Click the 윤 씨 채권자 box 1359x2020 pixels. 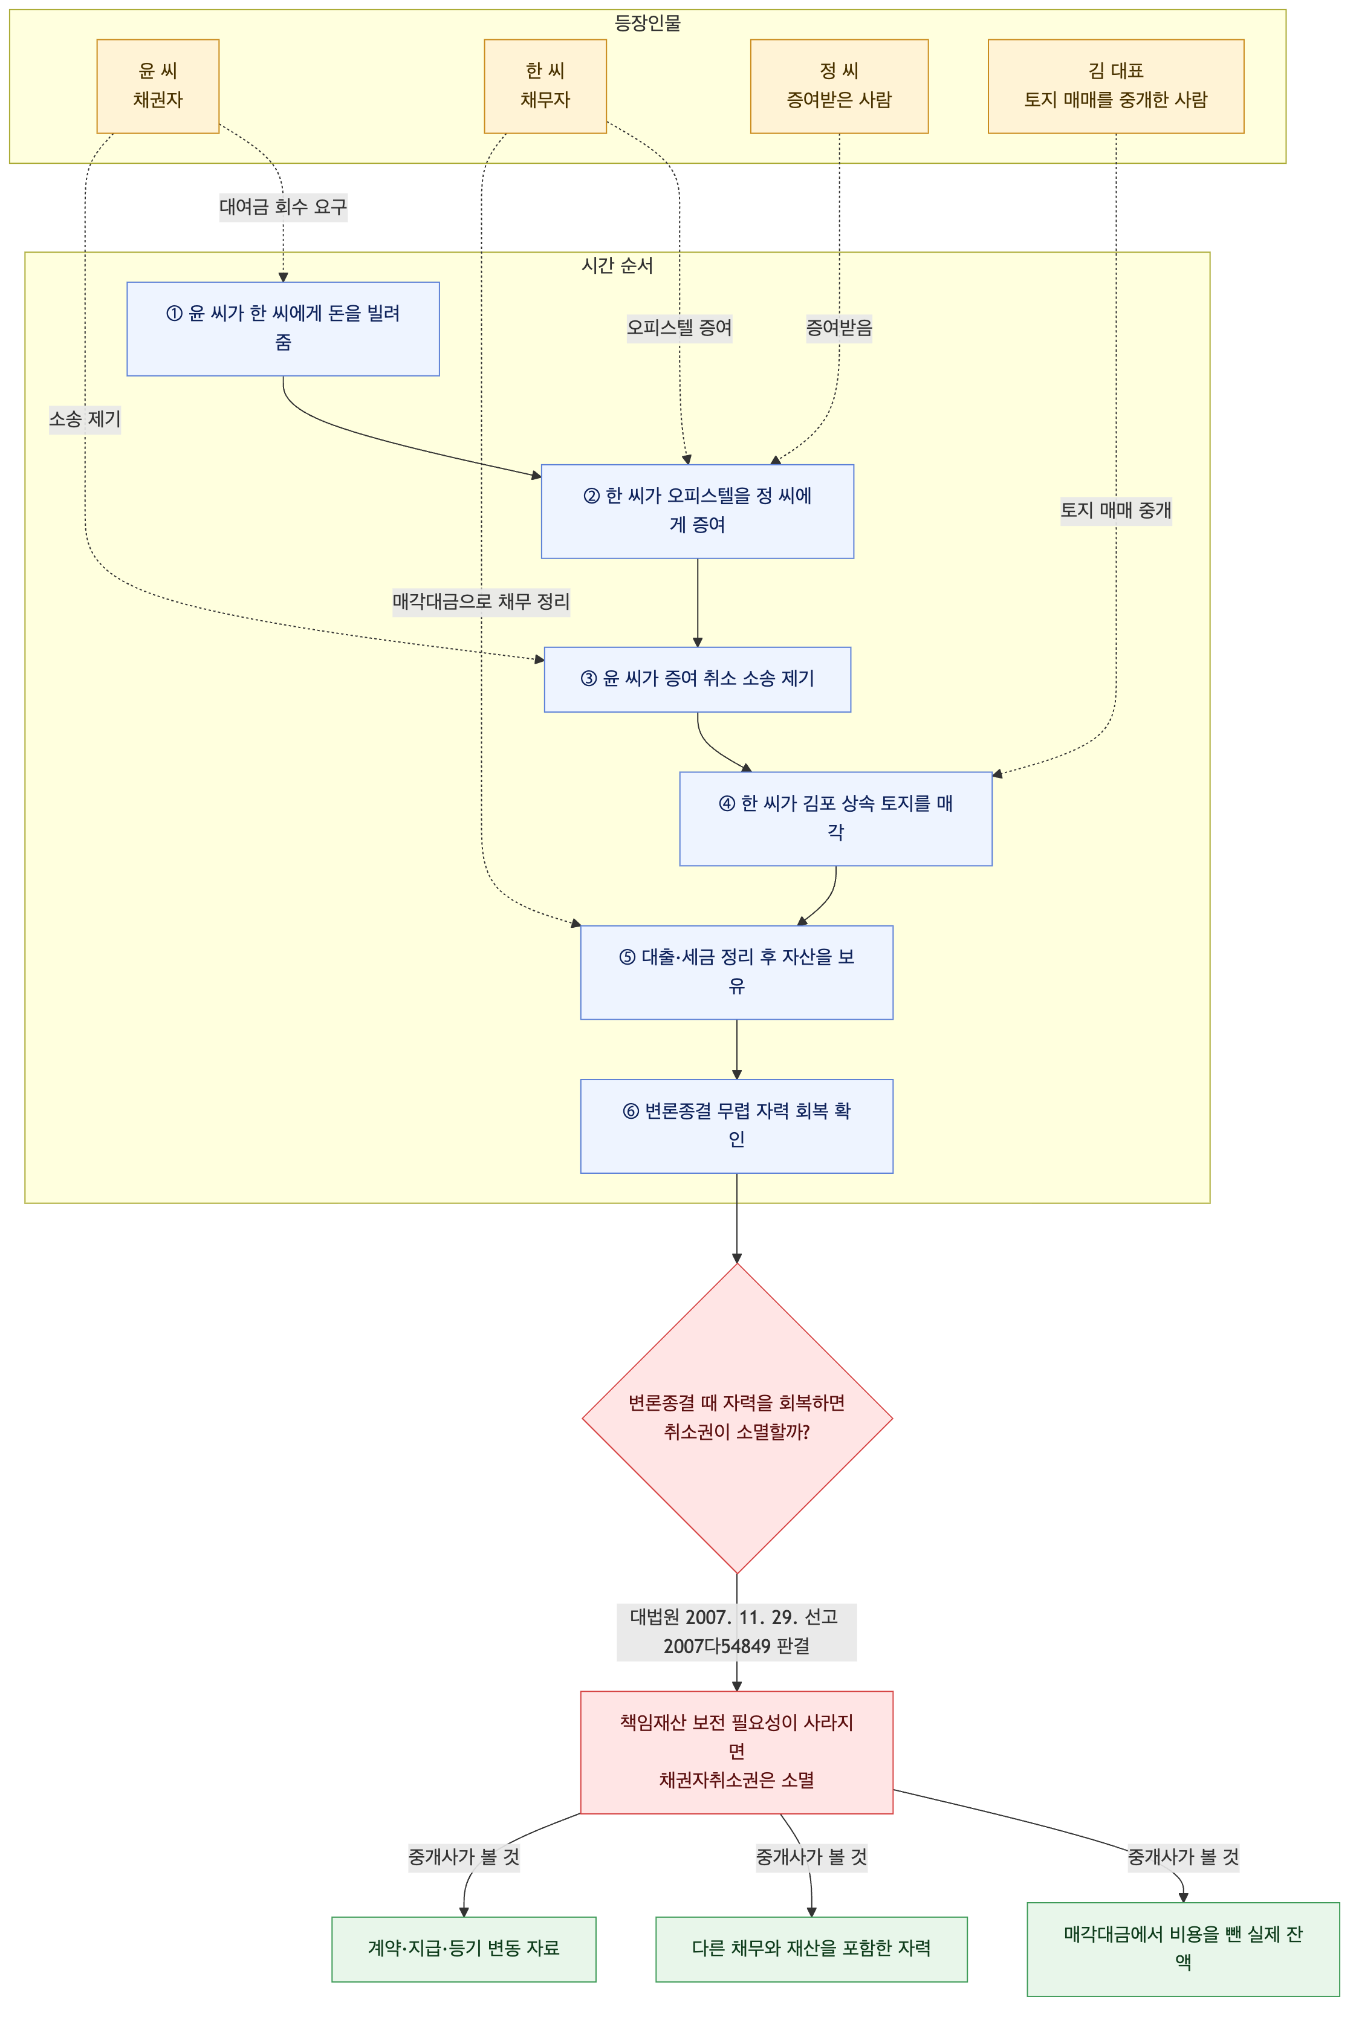point(158,86)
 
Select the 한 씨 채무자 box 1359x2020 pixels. point(545,86)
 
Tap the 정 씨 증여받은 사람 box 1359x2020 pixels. point(839,86)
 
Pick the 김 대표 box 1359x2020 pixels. point(1115,86)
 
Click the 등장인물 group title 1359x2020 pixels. point(647,22)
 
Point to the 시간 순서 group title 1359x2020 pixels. point(617,265)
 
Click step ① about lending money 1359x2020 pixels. point(284,328)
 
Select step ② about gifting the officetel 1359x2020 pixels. point(698,511)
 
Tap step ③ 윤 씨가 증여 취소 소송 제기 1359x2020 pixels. point(698,679)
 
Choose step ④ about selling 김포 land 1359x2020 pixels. point(835,818)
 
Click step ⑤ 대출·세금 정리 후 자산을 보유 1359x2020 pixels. point(737,973)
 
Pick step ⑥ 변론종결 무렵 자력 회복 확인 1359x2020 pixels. point(737,1125)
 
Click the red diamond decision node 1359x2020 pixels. point(737,1418)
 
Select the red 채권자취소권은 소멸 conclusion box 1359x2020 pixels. point(737,1752)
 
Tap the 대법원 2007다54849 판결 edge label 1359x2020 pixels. point(737,1632)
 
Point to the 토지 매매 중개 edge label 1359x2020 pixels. point(1115,510)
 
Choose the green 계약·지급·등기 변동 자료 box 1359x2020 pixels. point(464,1948)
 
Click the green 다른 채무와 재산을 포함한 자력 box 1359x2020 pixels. point(811,1948)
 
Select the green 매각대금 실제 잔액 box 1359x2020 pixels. point(1183,1948)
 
